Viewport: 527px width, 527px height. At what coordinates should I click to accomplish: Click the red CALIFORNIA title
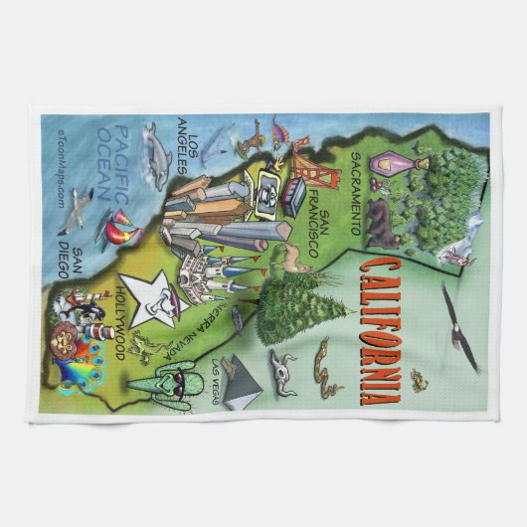click(374, 329)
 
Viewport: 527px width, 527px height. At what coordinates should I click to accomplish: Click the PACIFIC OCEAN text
click(124, 163)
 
